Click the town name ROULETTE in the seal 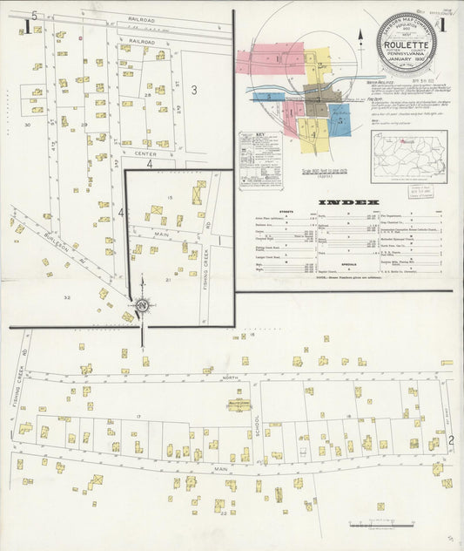(407, 47)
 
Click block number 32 (66, 297)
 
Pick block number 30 (28, 126)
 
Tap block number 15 (170, 198)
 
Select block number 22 (224, 513)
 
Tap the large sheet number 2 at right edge (451, 441)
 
